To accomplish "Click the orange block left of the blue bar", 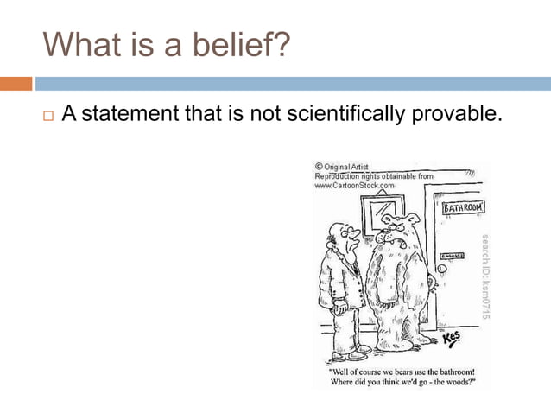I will (16, 84).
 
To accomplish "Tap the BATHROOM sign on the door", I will (463, 208).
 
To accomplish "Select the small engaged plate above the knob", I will (450, 256).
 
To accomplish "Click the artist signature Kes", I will (452, 338).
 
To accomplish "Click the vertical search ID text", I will (485, 276).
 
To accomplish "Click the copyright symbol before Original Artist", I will (319, 167).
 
